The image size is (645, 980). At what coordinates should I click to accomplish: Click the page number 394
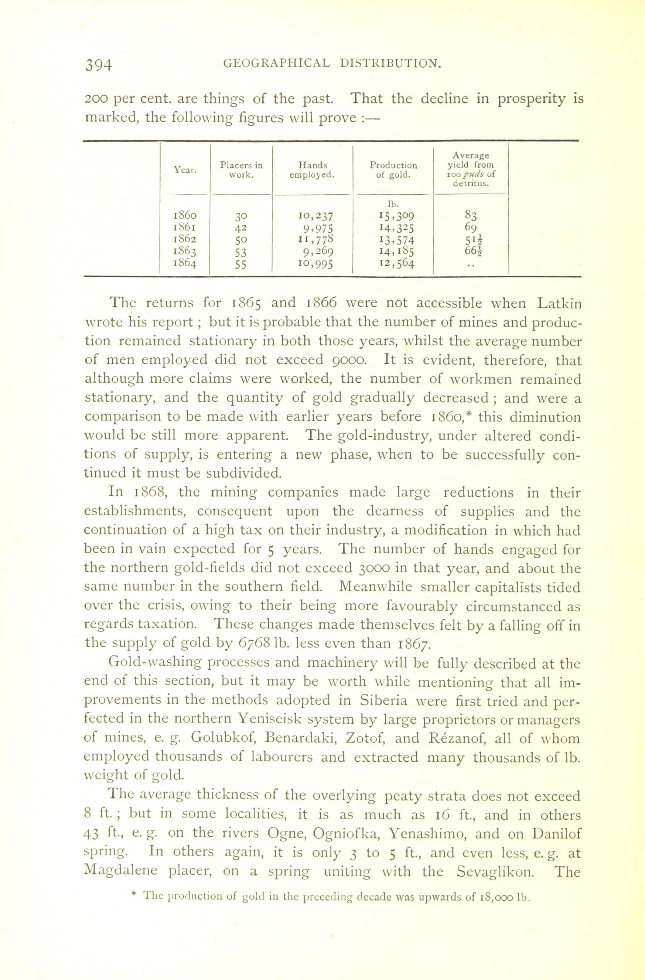point(98,65)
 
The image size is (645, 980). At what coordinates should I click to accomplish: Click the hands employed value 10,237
point(316,215)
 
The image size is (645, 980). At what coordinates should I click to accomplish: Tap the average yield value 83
point(470,215)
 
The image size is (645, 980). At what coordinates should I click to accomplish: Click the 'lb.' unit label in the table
point(391,204)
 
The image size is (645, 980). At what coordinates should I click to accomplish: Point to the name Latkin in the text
point(559,304)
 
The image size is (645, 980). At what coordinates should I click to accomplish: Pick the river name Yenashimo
point(426,834)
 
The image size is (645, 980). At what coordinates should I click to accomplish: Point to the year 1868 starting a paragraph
point(149,493)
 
